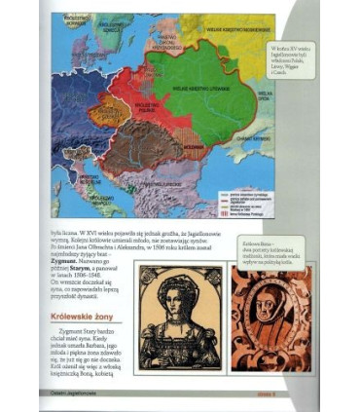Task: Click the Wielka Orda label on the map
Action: (293, 97)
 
